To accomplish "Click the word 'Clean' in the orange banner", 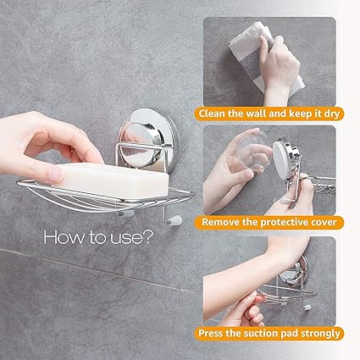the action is (x=213, y=114).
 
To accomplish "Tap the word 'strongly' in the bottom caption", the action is (x=320, y=334).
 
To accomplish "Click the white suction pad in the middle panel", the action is (x=281, y=160).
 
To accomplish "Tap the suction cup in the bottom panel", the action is (x=300, y=272).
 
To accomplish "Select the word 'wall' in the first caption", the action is (x=257, y=114).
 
